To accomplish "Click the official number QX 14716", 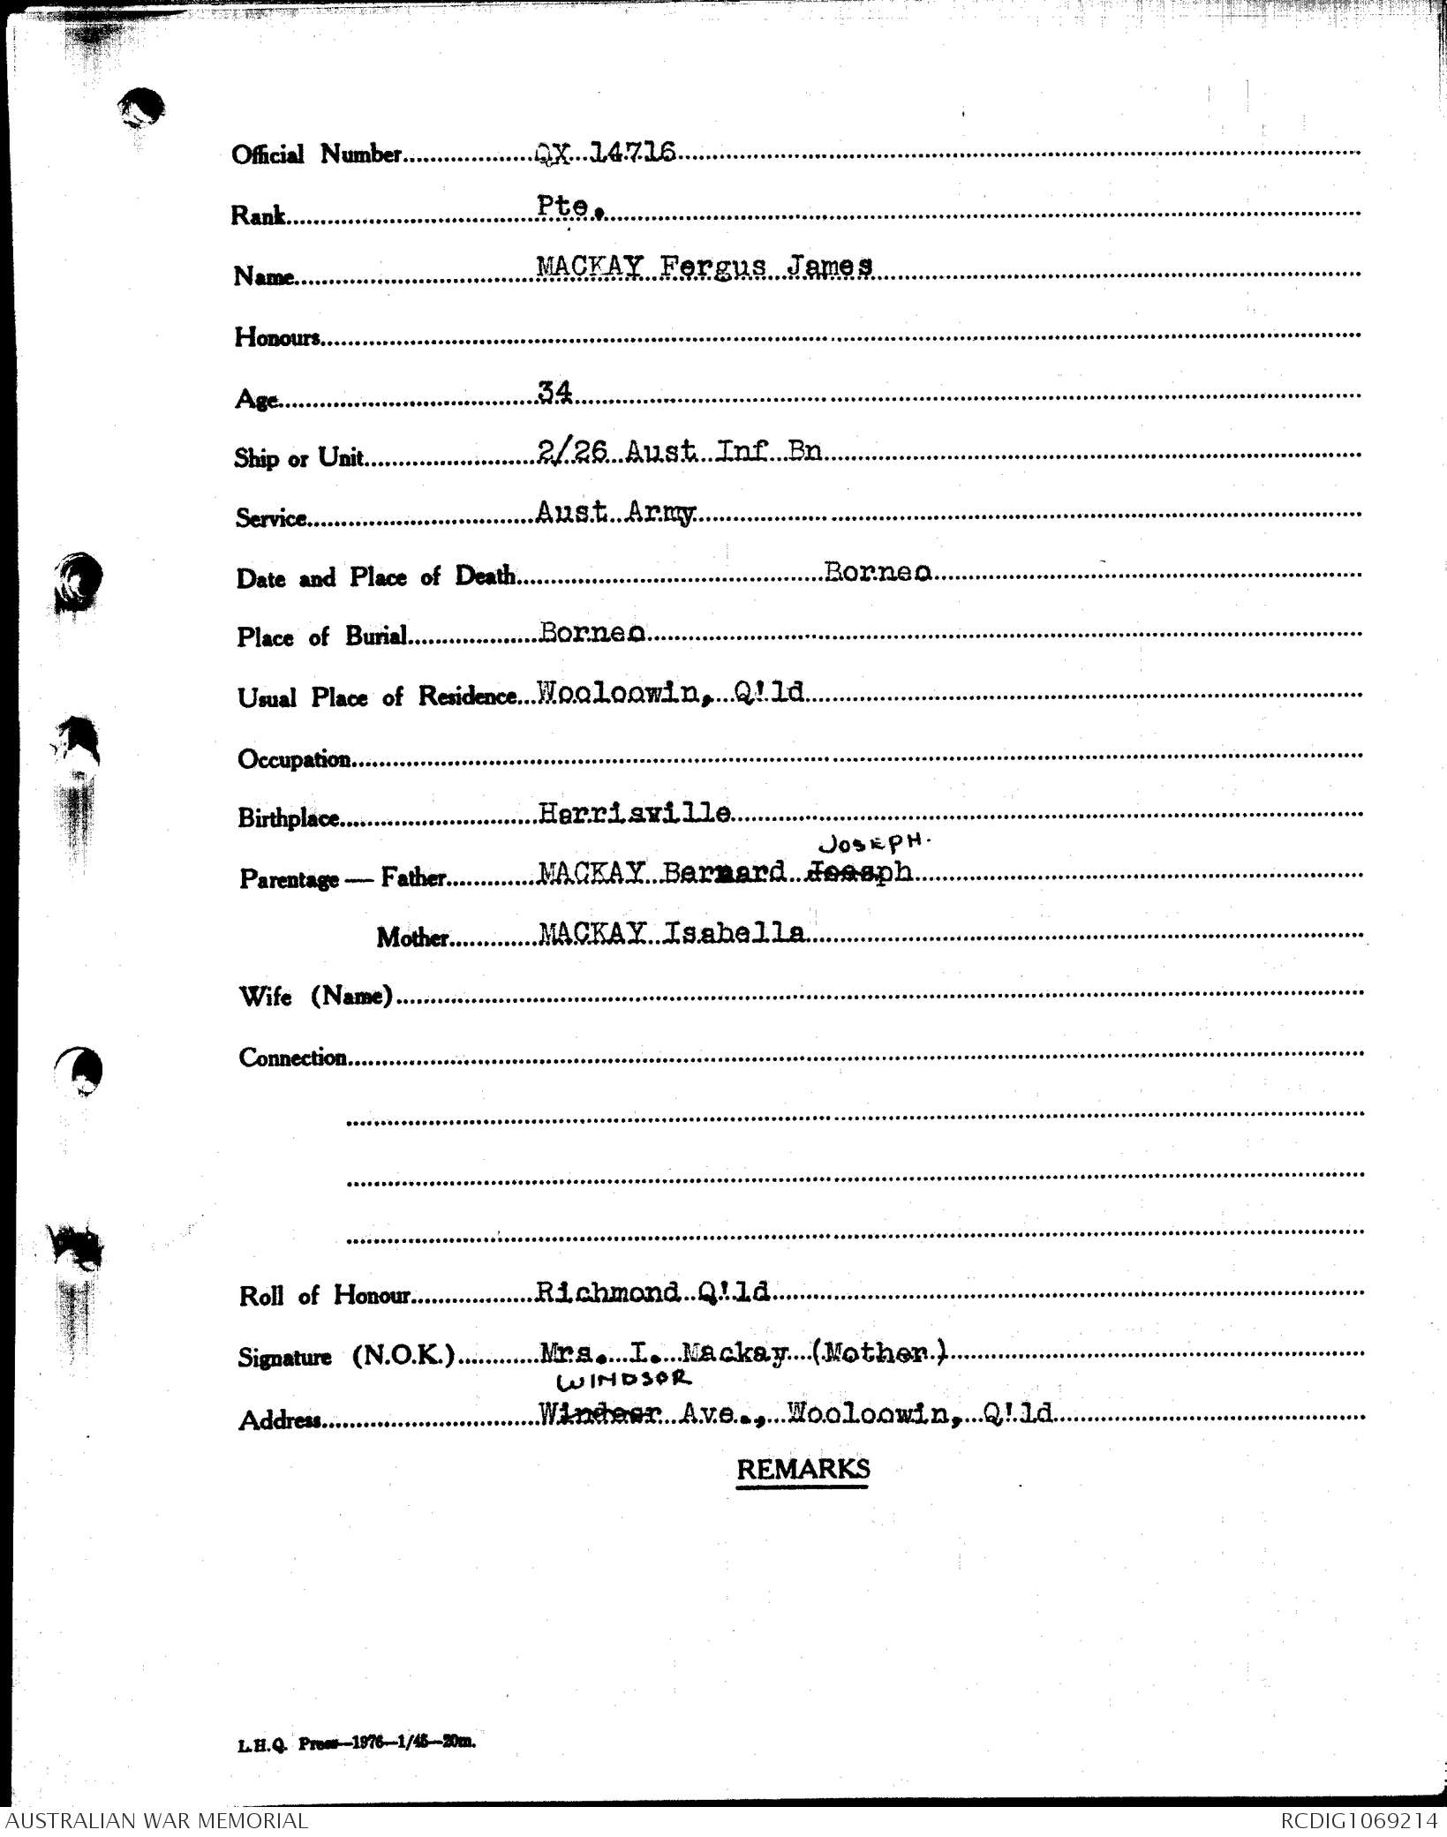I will click(x=606, y=154).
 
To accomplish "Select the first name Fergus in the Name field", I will click(x=703, y=266).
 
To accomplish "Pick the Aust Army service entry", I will click(x=616, y=512).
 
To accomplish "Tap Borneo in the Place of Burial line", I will click(x=592, y=633).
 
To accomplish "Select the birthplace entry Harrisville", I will click(x=634, y=813).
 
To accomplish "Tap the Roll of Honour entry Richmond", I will click(x=607, y=1292).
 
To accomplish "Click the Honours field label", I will click(x=276, y=337).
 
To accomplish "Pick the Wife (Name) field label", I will click(x=315, y=997).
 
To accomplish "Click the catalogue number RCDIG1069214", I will click(x=1360, y=1820).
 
